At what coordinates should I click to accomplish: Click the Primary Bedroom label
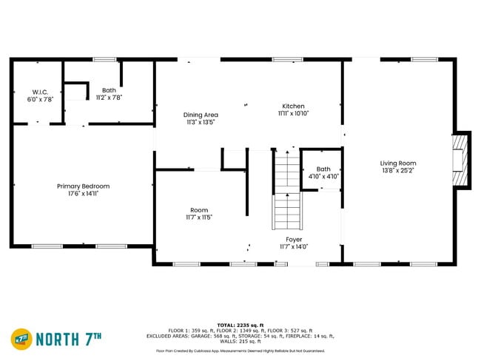(83, 186)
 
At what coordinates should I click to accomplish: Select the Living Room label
(398, 163)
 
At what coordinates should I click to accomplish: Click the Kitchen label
(293, 107)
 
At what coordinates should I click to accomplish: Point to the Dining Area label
(201, 115)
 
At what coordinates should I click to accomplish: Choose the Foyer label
(294, 240)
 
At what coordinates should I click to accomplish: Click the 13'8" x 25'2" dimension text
(398, 171)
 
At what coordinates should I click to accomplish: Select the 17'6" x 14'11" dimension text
(83, 193)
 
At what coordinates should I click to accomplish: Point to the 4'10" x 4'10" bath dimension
(323, 177)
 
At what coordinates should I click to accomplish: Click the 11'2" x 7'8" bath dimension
(109, 97)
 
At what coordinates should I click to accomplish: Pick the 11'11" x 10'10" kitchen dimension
(293, 114)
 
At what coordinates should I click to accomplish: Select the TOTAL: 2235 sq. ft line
(240, 325)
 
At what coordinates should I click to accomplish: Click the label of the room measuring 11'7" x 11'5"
(198, 210)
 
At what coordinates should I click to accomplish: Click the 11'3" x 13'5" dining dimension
(201, 122)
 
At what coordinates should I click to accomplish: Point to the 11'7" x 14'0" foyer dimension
(294, 247)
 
